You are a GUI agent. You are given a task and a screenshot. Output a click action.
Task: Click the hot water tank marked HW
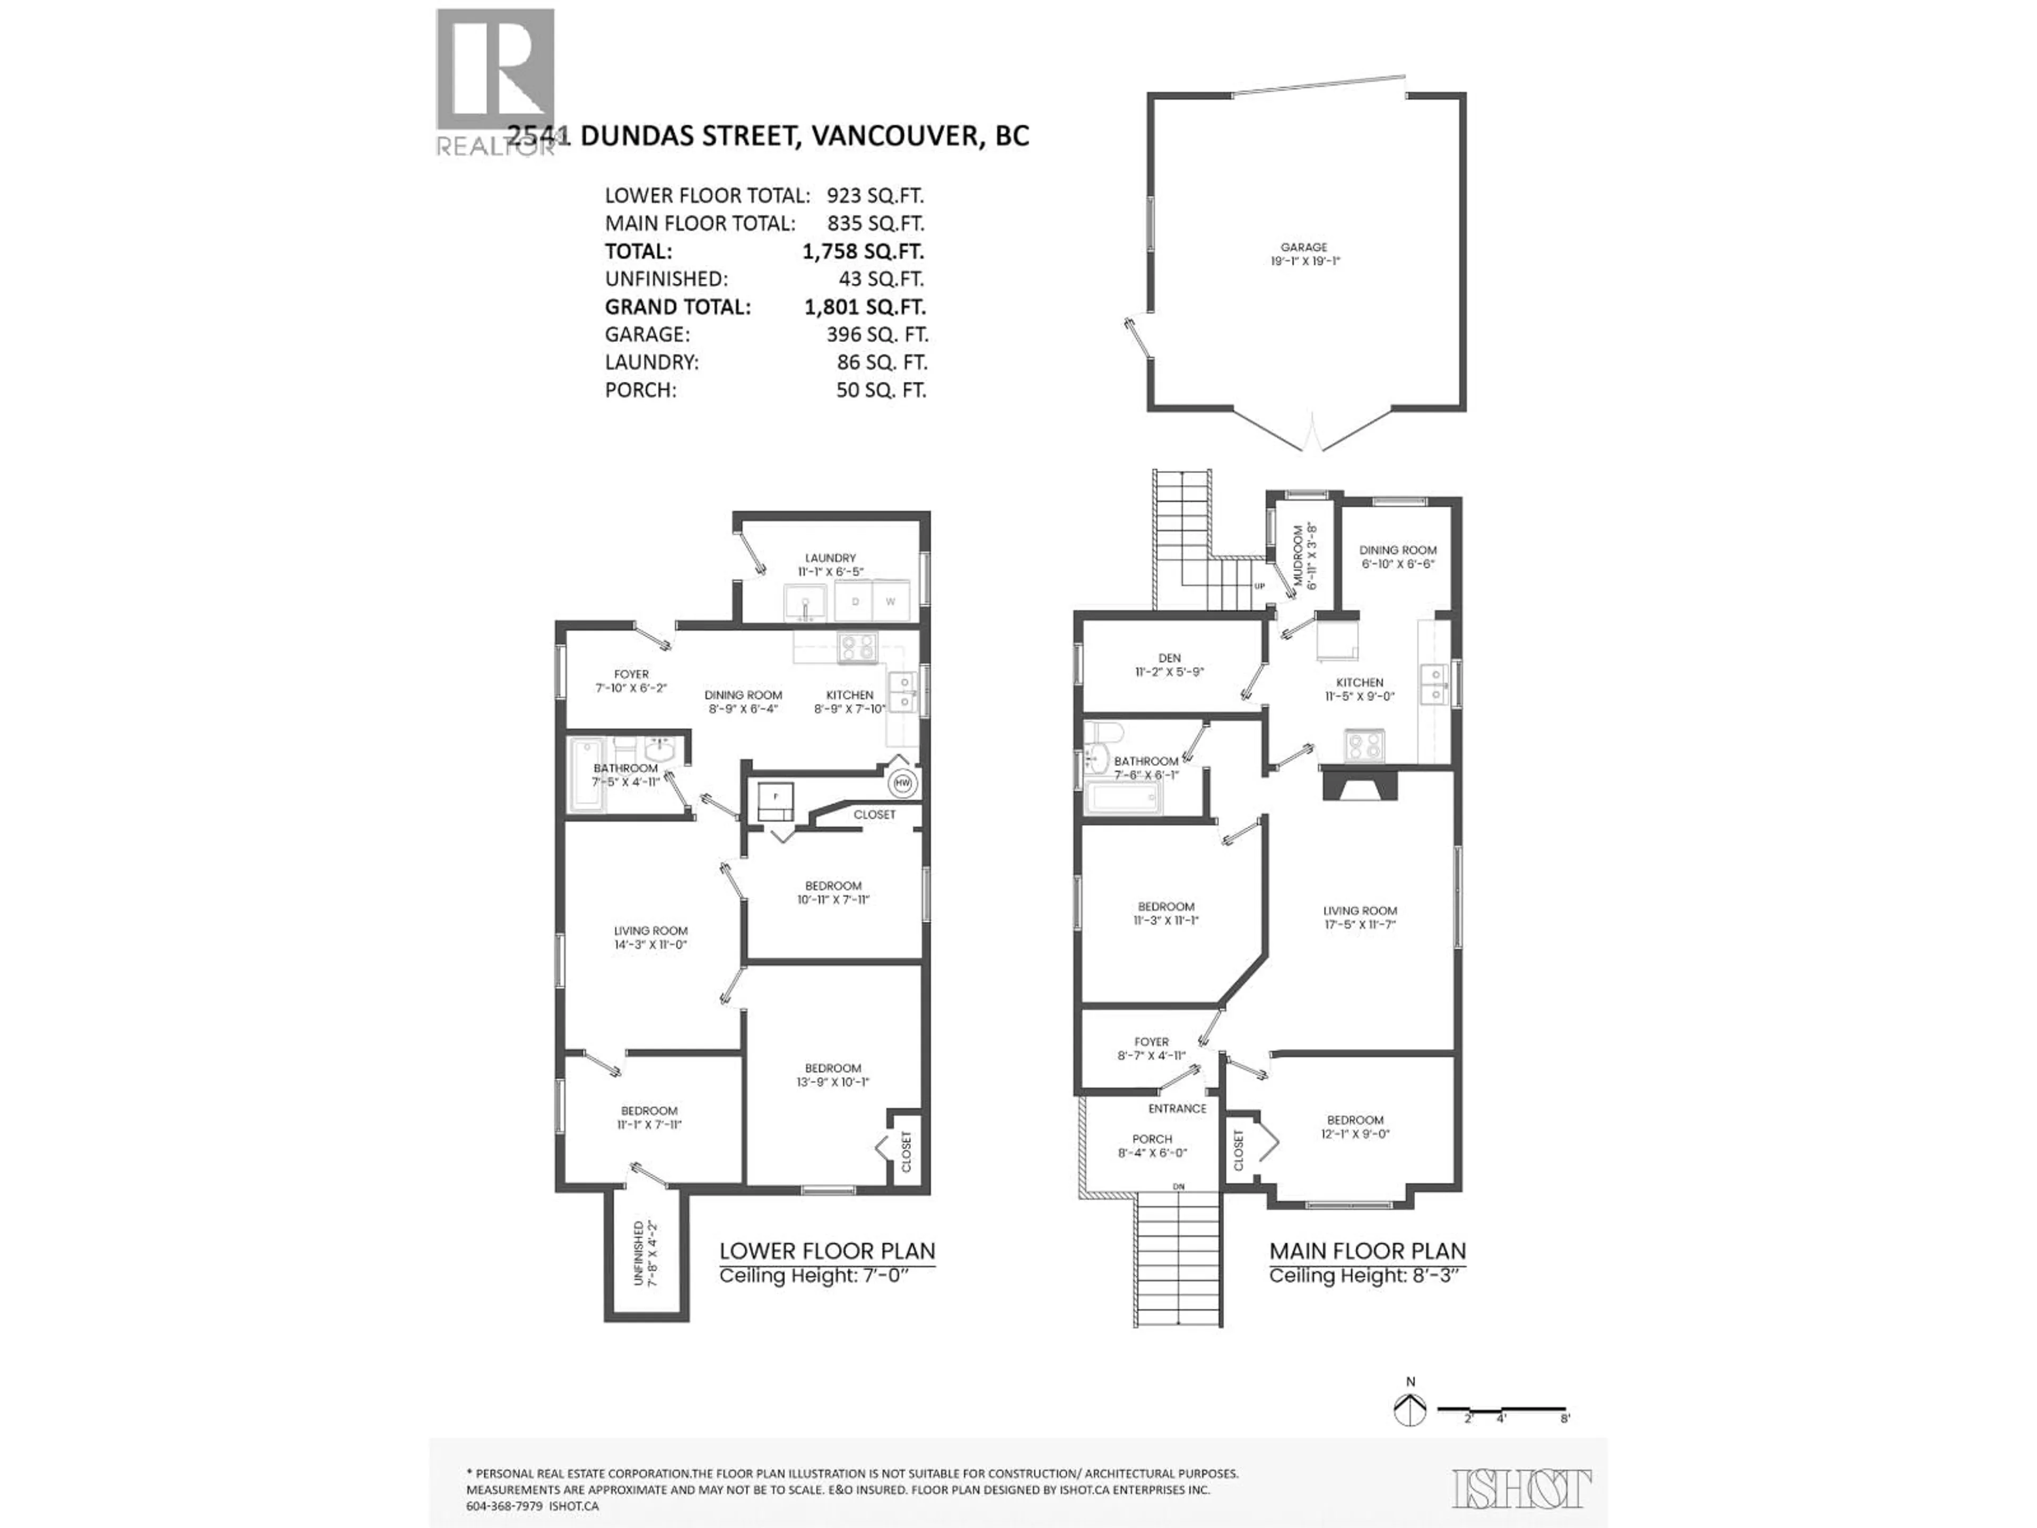coord(902,783)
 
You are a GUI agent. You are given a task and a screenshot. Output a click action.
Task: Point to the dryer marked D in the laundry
coord(856,602)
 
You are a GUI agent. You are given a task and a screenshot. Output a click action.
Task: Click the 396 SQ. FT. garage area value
coord(877,334)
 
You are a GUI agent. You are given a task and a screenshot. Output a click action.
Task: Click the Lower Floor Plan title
coord(827,1251)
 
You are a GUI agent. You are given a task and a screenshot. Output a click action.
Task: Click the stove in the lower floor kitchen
coord(857,647)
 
